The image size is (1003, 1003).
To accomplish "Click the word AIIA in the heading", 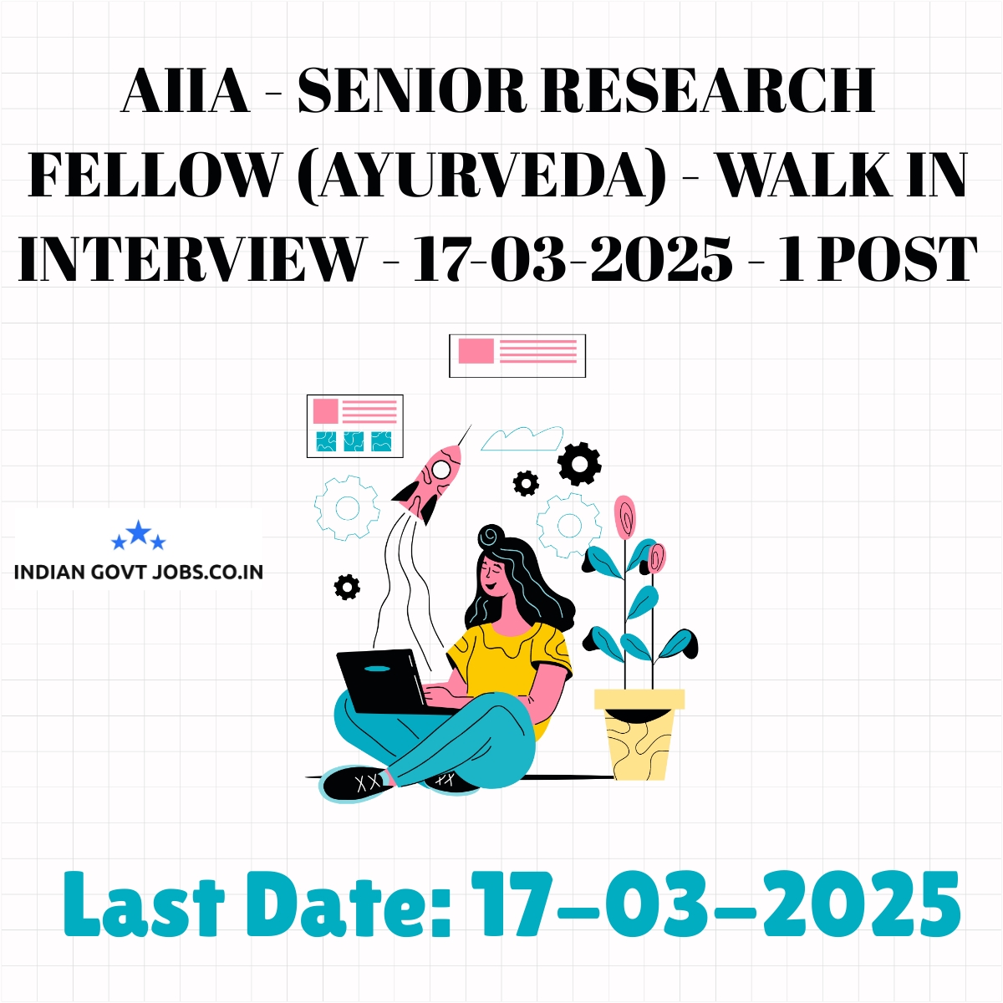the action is [x=186, y=92].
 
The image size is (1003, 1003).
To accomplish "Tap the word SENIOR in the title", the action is [x=412, y=92].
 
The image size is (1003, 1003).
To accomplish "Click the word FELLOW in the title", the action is [x=152, y=176].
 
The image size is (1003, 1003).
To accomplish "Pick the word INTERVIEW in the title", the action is [x=190, y=258].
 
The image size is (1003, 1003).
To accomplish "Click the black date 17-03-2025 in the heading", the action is [x=573, y=258].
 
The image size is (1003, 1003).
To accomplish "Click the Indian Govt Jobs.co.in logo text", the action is [x=139, y=572].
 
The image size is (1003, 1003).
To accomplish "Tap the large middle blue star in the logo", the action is [x=139, y=532].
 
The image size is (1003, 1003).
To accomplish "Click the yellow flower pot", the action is [x=639, y=735].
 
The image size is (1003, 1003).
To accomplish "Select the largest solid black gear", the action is [x=579, y=464].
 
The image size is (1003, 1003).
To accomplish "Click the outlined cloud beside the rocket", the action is [x=522, y=439].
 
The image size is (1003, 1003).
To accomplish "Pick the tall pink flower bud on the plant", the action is [x=624, y=517].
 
